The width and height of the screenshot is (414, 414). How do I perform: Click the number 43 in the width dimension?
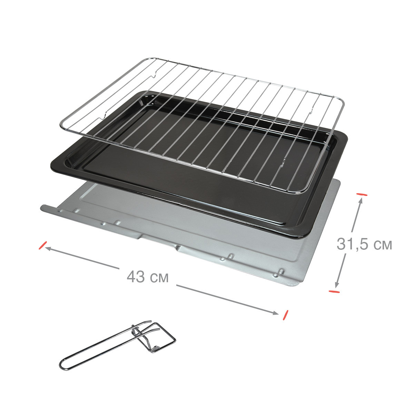click(136, 277)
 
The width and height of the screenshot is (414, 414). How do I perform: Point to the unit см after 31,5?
click(383, 246)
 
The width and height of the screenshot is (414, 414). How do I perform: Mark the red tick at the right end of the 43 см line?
click(286, 315)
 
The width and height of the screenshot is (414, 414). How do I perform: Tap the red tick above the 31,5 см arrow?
click(362, 195)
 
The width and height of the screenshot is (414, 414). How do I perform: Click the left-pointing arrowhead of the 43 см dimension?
click(48, 248)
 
